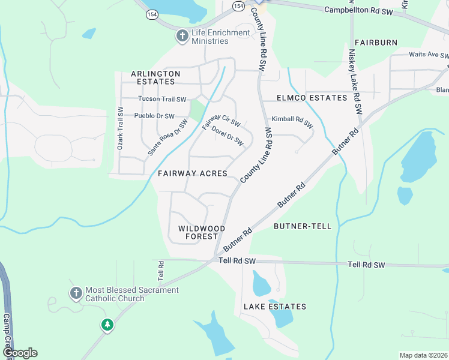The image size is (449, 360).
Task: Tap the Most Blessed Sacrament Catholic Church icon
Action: pos(76,293)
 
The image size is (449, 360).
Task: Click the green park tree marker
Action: pos(107,325)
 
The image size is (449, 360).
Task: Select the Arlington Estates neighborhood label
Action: pos(155,77)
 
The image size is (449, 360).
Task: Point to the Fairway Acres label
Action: pos(193,173)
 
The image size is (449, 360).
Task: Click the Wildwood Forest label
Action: pos(202,233)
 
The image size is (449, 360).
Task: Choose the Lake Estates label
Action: pos(275,307)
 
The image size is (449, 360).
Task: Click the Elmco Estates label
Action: pos(312,98)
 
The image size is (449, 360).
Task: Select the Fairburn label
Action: pos(376,43)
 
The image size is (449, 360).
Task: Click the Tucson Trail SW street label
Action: pos(162,99)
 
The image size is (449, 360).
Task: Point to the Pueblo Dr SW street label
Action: pos(154,116)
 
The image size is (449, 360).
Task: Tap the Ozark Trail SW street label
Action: pos(120,128)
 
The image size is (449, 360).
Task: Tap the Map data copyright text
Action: pos(423,355)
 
